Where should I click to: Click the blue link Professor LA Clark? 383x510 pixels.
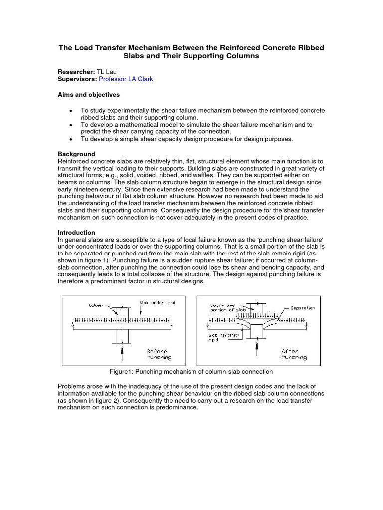126,79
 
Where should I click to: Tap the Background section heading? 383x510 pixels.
76,154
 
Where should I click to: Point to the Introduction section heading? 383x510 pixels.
76,232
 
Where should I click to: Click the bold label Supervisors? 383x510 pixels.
77,79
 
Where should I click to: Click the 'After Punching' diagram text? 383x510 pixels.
294,354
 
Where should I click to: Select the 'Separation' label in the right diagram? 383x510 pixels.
303,308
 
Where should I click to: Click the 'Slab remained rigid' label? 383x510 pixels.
224,339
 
